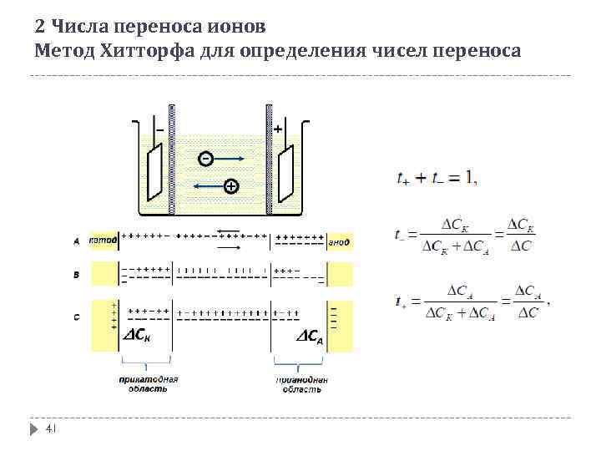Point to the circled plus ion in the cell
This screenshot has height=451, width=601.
(x=231, y=186)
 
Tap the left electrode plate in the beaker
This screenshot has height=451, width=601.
(x=154, y=174)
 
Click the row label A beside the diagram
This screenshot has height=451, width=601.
(x=77, y=241)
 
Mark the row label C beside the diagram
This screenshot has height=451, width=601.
(x=77, y=317)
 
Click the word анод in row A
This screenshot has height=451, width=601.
(x=339, y=241)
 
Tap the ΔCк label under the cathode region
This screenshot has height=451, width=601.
(x=139, y=337)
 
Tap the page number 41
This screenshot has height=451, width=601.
(x=49, y=428)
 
